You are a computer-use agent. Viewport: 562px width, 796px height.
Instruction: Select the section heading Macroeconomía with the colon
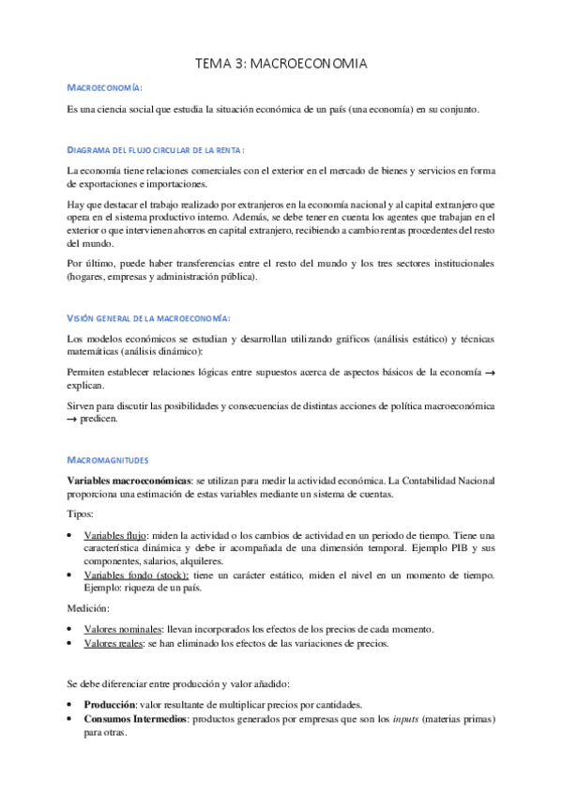pos(105,88)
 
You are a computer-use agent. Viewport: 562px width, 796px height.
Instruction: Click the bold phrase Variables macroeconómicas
pos(127,480)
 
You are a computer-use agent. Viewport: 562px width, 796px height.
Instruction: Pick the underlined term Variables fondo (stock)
pos(136,574)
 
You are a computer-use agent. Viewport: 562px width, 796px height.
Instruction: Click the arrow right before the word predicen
pos(74,419)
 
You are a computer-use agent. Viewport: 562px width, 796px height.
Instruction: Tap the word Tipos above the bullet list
pos(80,514)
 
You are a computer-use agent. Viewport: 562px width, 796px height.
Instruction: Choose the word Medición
pos(88,607)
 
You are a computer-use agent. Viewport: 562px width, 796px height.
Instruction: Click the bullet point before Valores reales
pos(72,643)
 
